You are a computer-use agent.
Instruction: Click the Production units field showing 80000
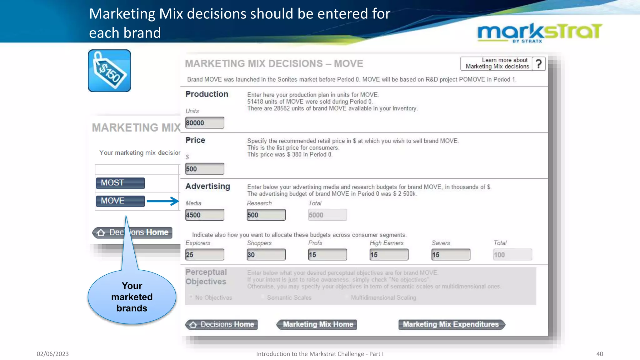click(x=205, y=122)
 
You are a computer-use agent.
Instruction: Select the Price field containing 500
click(x=205, y=169)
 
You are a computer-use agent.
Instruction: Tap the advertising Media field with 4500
click(x=205, y=215)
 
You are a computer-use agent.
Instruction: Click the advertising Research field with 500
click(x=266, y=215)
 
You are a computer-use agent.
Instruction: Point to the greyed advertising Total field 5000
click(x=327, y=215)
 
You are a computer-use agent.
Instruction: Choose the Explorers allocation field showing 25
click(x=205, y=254)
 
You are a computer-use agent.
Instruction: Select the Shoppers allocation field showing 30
click(x=266, y=254)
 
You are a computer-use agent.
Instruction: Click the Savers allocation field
click(x=451, y=254)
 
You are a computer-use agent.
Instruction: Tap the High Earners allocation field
click(x=389, y=254)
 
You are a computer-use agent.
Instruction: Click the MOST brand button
click(x=120, y=183)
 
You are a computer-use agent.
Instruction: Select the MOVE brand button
click(x=120, y=201)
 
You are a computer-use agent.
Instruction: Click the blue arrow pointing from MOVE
click(x=162, y=201)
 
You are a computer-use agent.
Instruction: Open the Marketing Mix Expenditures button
click(x=451, y=324)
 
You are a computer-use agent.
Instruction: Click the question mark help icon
click(x=539, y=64)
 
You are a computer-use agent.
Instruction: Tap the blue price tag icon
click(x=109, y=71)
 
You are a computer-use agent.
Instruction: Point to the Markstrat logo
click(x=540, y=32)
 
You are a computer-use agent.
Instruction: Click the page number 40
click(x=599, y=354)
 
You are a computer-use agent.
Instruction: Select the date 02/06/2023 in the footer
click(x=52, y=354)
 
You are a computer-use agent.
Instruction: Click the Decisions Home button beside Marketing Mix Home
click(x=222, y=324)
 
